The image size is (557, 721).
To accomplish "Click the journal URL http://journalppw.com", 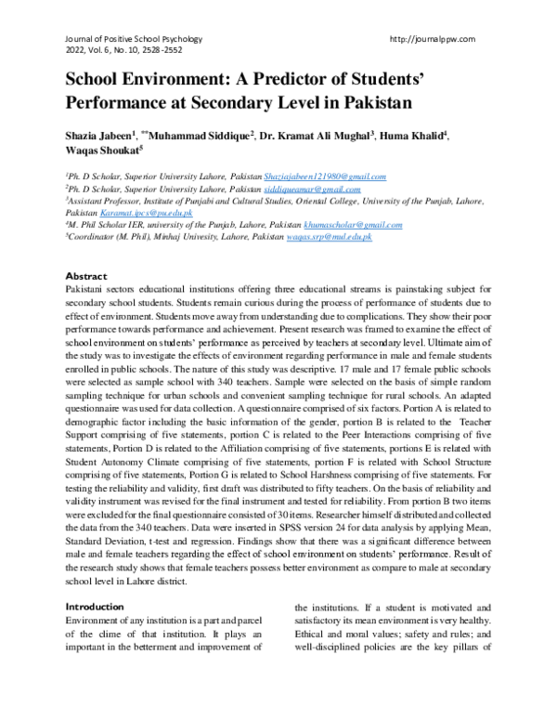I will click(x=434, y=39).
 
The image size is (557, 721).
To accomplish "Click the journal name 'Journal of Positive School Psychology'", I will click(x=133, y=39).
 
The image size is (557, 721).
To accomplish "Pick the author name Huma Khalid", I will click(x=411, y=136).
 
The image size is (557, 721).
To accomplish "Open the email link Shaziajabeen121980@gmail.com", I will click(x=325, y=177).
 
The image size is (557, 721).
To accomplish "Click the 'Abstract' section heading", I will click(x=85, y=277).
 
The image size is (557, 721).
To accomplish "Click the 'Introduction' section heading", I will click(x=95, y=606).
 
